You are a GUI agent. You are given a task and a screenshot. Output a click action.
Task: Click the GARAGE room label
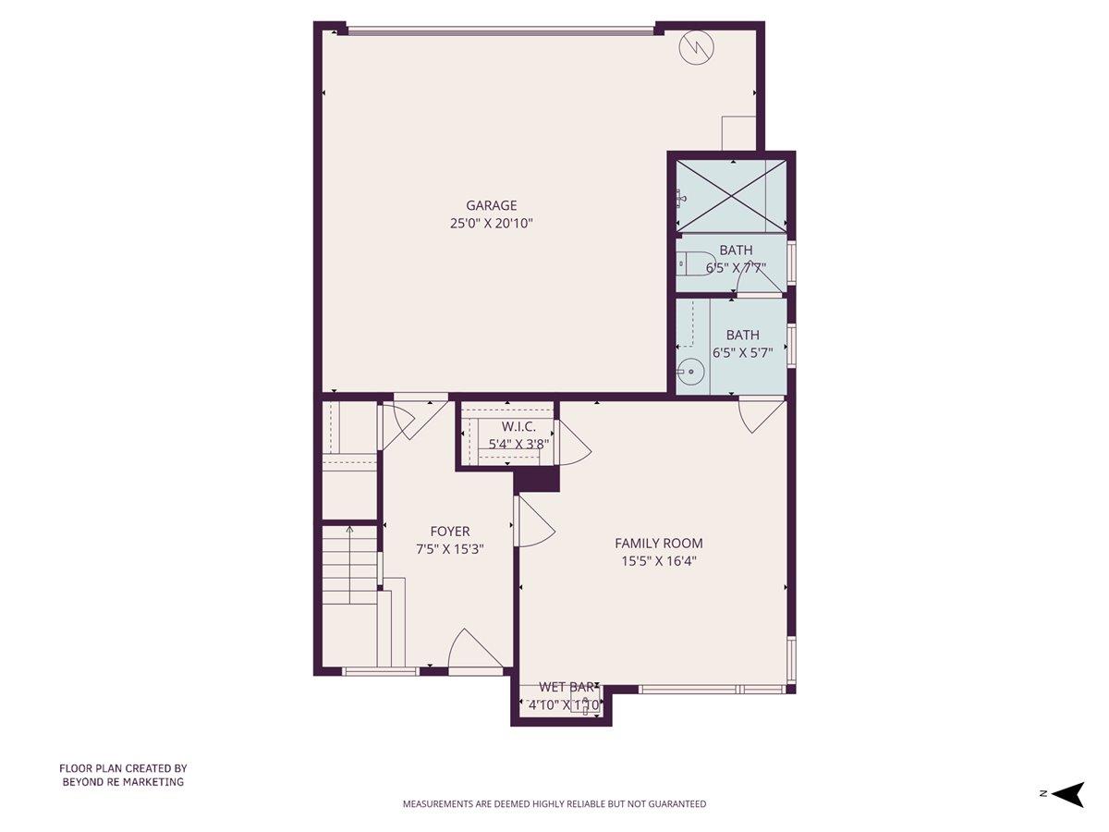(x=491, y=205)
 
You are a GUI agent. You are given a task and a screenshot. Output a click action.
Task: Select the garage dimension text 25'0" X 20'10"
(x=491, y=224)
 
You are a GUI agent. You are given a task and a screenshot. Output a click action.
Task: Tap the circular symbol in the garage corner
(x=694, y=49)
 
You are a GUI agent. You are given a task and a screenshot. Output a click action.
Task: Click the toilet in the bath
(x=694, y=263)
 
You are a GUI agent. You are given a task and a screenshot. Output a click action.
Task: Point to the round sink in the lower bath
(x=689, y=373)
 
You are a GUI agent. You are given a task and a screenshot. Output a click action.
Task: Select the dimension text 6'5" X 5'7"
(x=742, y=352)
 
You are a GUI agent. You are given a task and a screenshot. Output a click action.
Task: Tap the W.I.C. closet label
(x=518, y=426)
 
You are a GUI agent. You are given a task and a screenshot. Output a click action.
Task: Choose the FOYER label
(x=450, y=532)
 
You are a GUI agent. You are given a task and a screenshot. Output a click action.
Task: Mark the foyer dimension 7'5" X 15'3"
(x=450, y=549)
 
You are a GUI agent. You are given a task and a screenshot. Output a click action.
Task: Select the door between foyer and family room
(x=533, y=523)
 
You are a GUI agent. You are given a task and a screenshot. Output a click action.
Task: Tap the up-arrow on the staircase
(x=349, y=530)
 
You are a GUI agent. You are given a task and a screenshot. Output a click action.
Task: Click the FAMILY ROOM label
(x=659, y=544)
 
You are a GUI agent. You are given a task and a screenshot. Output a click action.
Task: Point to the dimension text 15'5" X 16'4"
(x=659, y=560)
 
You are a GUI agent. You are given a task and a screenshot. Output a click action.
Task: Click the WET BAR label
(x=566, y=687)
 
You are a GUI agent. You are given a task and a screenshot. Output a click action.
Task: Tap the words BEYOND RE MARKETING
(x=123, y=782)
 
